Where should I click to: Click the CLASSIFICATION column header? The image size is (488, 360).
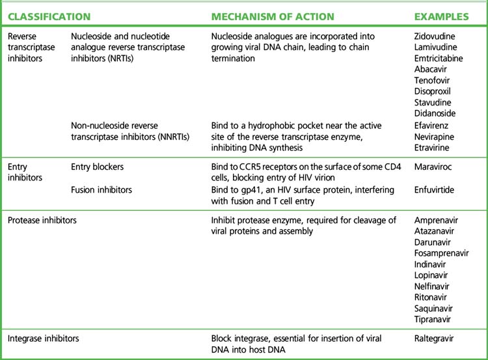coord(49,15)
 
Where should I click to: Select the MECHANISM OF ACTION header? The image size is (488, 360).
coord(273,15)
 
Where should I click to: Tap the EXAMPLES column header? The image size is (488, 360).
coord(442,15)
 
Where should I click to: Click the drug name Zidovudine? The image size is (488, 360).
coord(435,36)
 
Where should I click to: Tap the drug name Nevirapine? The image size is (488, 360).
coord(433,136)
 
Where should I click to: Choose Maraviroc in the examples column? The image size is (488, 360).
coord(433,167)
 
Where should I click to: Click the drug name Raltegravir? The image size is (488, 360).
coord(434,339)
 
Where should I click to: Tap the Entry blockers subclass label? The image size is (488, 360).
coord(97,167)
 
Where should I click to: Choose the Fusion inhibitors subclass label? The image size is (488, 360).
coord(102,189)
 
